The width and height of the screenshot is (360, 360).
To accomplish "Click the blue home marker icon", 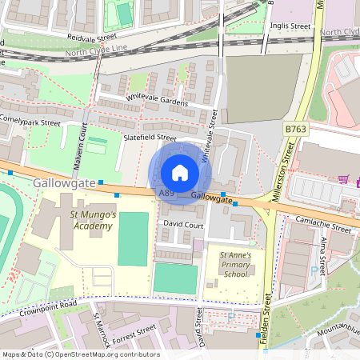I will coord(180,173).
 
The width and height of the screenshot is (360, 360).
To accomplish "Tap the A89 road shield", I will coord(166,194).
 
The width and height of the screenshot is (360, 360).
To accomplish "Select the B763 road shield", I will coord(295,128).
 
